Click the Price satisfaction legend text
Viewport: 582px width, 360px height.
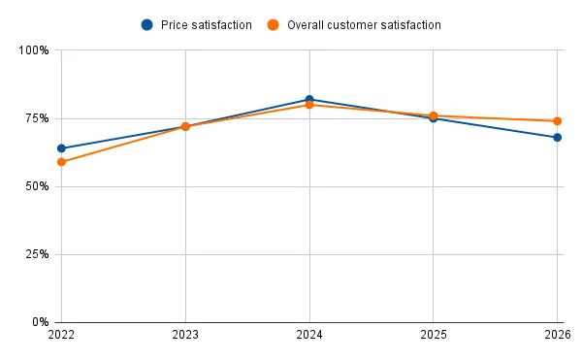[206, 24]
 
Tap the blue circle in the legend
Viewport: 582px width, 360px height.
[146, 24]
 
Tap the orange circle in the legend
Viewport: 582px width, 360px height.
[274, 24]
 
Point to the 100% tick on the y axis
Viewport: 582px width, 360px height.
[35, 50]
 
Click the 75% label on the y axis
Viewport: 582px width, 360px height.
[37, 118]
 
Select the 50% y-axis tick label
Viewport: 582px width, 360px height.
[37, 186]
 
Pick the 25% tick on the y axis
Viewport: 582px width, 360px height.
[37, 254]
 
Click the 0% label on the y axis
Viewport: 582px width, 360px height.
[40, 322]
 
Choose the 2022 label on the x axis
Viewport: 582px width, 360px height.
[61, 337]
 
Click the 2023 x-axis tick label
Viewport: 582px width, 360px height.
[185, 337]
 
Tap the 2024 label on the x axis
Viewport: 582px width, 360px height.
[309, 337]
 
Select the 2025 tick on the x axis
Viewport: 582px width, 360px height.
[434, 337]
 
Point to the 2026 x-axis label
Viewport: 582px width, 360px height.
[557, 337]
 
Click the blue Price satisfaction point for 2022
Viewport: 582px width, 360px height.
[61, 148]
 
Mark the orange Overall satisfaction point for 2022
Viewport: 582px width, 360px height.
[61, 162]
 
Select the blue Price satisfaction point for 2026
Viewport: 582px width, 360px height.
[558, 138]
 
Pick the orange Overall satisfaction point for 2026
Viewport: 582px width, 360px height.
[558, 121]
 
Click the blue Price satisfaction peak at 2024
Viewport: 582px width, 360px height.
[309, 99]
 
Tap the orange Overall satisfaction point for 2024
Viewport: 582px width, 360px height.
[309, 105]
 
